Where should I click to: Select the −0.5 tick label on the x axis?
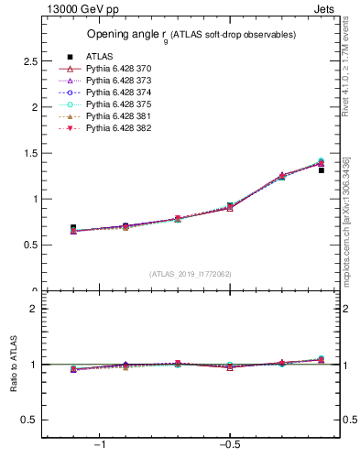coord(228,445)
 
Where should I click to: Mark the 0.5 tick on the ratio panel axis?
coord(28,420)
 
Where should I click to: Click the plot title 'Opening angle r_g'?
coord(191,34)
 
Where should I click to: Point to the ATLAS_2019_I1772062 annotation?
coord(191,273)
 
